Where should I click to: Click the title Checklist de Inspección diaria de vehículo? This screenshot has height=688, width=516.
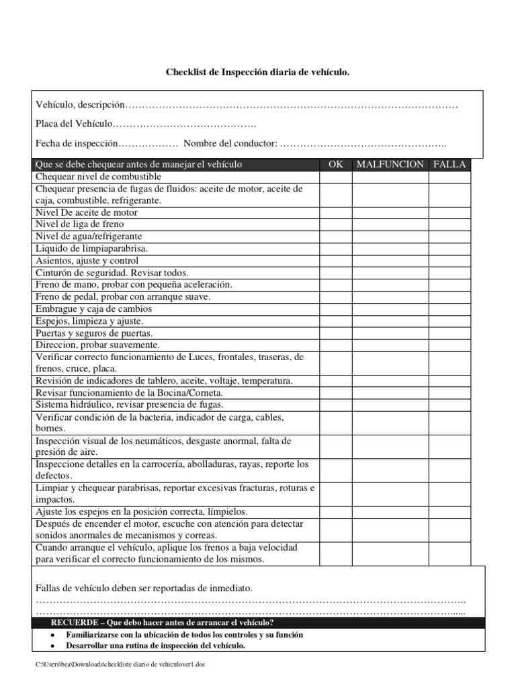(258, 71)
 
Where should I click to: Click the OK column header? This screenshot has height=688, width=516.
(335, 165)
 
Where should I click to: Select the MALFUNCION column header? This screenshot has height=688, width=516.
(390, 165)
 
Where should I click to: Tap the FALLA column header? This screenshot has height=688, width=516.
(449, 165)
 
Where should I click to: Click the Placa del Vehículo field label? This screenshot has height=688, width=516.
(74, 124)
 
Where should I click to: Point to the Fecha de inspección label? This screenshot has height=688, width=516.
(77, 144)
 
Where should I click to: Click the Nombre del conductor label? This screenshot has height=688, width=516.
(230, 144)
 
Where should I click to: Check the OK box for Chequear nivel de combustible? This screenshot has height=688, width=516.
(335, 177)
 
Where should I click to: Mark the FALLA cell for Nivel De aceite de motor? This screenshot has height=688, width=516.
(449, 212)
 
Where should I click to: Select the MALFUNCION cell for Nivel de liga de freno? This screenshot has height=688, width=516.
(390, 224)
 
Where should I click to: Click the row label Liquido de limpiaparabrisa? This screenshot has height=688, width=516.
(91, 249)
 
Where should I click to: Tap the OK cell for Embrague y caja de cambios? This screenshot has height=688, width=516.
(335, 309)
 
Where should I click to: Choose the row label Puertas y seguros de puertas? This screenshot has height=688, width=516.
(94, 333)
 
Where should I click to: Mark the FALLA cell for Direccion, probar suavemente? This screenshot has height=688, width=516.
(449, 345)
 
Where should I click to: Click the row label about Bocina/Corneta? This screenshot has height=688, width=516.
(129, 393)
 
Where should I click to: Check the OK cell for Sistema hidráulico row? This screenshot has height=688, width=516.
(335, 405)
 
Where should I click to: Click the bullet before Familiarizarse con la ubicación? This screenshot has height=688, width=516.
(52, 635)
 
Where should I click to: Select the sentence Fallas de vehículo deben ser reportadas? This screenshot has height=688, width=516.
(144, 588)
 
